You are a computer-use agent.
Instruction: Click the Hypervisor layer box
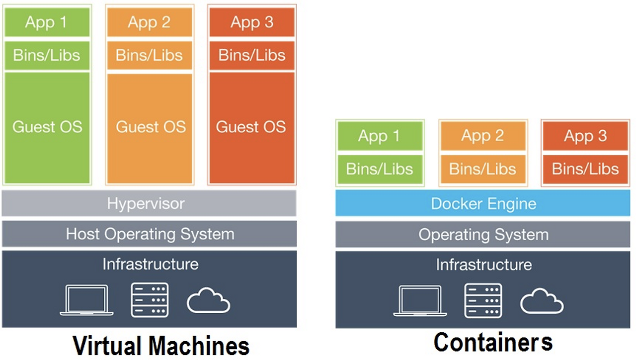point(149,203)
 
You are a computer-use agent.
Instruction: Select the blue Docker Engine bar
point(483,204)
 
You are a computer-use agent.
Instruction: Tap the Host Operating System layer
point(149,234)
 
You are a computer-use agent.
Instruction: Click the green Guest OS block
point(47,127)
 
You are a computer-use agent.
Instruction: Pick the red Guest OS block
point(251,127)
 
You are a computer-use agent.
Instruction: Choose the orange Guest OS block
point(150,127)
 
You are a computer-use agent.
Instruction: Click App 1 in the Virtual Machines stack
point(47,22)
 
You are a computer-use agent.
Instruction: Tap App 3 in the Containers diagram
point(585,136)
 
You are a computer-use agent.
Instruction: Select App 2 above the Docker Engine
point(482,136)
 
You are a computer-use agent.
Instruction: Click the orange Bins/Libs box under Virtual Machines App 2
point(149,55)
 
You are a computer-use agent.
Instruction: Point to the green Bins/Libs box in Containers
point(380,169)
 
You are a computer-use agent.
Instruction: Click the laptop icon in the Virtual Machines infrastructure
point(86,300)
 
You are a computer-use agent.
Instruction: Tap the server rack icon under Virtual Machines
point(150,300)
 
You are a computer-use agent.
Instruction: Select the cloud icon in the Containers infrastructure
point(542,301)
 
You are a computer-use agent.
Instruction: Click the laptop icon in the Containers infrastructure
point(420,300)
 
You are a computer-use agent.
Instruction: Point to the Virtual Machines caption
point(160,345)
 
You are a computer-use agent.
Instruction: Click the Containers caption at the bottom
point(493,343)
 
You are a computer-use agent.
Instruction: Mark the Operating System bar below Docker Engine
point(483,235)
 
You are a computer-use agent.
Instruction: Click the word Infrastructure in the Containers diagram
point(483,265)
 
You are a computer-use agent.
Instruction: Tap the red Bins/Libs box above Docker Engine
point(585,169)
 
